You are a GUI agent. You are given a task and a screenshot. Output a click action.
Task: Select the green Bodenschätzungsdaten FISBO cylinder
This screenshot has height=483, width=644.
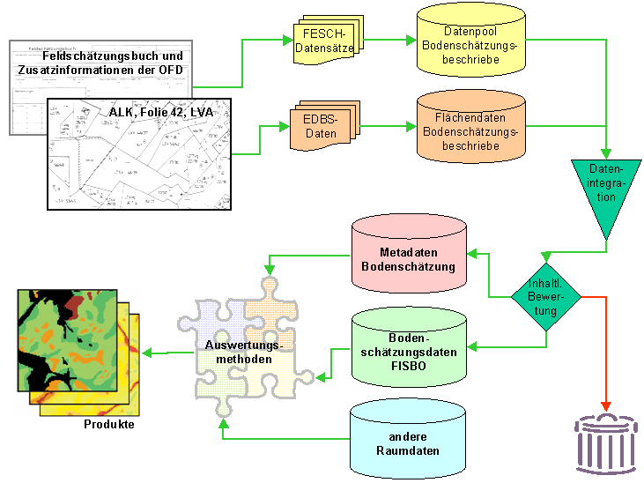point(408,345)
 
